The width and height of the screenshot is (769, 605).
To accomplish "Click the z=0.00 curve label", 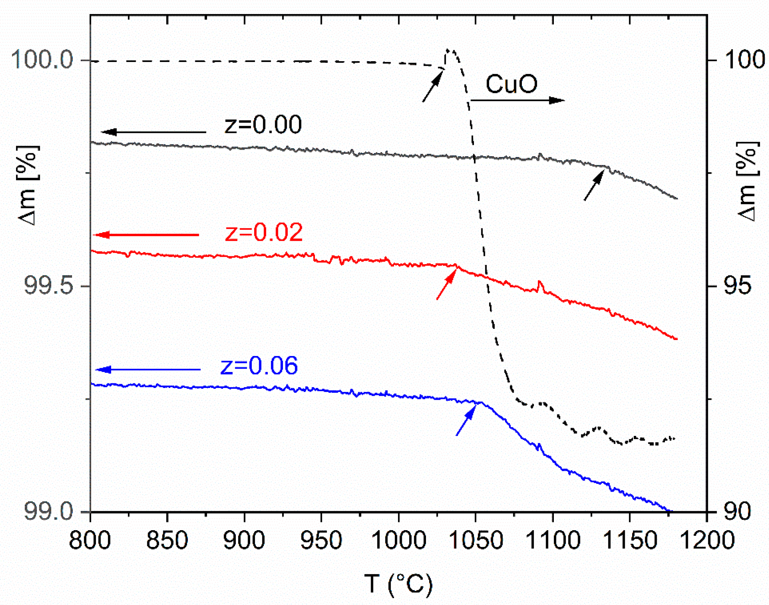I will pyautogui.click(x=263, y=125).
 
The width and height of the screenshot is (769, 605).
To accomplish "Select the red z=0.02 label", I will pyautogui.click(x=263, y=233).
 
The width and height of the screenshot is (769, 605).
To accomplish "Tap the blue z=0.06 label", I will pyautogui.click(x=259, y=366).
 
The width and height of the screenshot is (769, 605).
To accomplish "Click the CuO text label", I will pyautogui.click(x=511, y=84).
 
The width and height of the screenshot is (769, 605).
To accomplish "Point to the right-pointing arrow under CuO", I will pyautogui.click(x=517, y=101).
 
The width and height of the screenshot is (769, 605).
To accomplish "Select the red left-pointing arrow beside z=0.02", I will pyautogui.click(x=147, y=235).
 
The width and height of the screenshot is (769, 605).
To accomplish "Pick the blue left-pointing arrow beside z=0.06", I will pyautogui.click(x=148, y=369).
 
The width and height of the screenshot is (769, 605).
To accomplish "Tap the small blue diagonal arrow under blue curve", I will pyautogui.click(x=466, y=421).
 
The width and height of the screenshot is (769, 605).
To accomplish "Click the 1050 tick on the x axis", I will pyautogui.click(x=475, y=541).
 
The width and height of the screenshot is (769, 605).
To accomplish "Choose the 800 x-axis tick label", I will pyautogui.click(x=90, y=541).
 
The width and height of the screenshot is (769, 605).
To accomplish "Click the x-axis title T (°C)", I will pyautogui.click(x=398, y=584).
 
